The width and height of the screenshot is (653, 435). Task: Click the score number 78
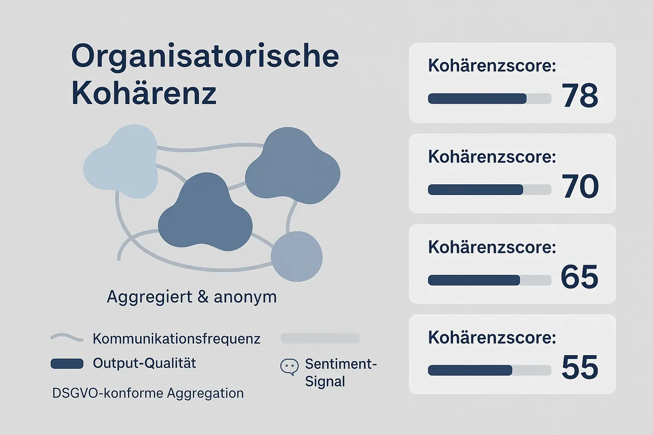click(x=579, y=96)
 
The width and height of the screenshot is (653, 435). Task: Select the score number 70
click(x=580, y=186)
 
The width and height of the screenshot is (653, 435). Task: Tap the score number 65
click(x=579, y=277)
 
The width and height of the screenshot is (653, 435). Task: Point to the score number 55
click(x=579, y=367)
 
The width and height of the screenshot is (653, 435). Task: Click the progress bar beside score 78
click(x=489, y=99)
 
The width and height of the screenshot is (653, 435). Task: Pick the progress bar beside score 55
click(x=489, y=370)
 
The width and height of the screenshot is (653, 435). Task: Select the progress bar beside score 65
click(x=489, y=280)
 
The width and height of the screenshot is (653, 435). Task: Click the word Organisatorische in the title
click(x=205, y=56)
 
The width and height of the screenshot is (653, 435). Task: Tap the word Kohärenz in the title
click(x=144, y=93)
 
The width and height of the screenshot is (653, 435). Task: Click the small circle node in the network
click(x=297, y=257)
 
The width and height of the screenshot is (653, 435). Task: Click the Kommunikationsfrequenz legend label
click(x=176, y=339)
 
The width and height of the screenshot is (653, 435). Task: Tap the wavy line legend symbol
click(x=67, y=338)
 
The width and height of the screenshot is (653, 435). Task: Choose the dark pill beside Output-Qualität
click(x=67, y=364)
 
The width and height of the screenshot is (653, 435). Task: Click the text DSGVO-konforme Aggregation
click(x=148, y=393)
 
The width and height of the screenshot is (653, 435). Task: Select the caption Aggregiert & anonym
click(x=192, y=297)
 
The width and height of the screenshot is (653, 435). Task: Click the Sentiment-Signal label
click(x=341, y=373)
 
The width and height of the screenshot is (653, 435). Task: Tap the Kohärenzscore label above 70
click(x=492, y=157)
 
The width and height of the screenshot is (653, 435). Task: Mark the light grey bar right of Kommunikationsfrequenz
click(x=320, y=339)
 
